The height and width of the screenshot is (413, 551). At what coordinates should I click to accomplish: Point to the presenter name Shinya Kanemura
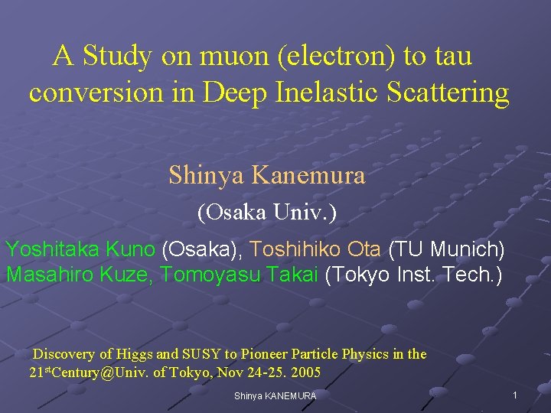(x=267, y=175)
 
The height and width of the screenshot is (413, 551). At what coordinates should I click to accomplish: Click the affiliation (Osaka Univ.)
(x=267, y=212)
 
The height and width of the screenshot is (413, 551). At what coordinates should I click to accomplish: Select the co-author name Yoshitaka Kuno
(x=80, y=249)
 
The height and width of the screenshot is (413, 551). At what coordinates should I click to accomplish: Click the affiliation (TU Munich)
(x=446, y=249)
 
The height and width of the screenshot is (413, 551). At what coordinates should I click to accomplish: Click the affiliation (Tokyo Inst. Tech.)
(x=413, y=275)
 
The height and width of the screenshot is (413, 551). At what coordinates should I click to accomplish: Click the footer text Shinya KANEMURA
(x=275, y=395)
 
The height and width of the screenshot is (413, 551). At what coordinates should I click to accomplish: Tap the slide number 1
(x=515, y=395)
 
